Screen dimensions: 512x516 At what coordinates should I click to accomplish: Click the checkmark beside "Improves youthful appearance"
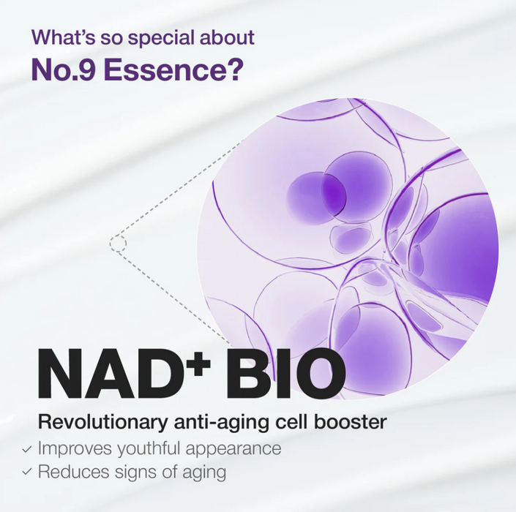pyautogui.click(x=27, y=448)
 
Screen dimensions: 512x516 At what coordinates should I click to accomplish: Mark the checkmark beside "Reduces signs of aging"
pyautogui.click(x=27, y=473)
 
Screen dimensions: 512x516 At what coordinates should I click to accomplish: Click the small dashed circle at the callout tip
pyautogui.click(x=119, y=243)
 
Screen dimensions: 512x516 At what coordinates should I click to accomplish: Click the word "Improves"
pyautogui.click(x=72, y=448)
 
